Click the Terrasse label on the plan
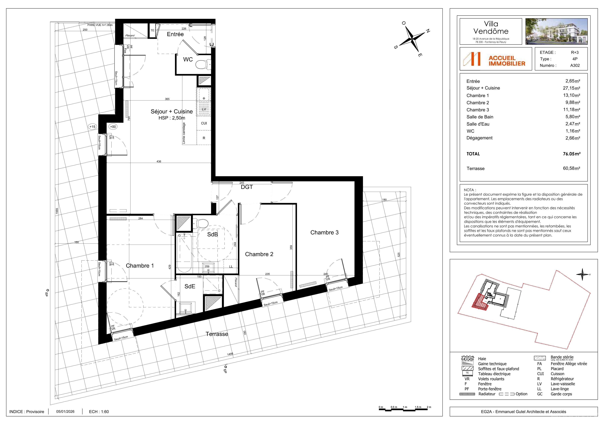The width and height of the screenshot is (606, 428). (217, 334)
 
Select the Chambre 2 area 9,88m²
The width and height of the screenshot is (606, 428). (573, 102)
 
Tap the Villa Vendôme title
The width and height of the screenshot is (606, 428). (491, 27)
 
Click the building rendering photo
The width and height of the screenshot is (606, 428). (556, 31)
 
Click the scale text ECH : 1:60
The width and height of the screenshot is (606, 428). (99, 412)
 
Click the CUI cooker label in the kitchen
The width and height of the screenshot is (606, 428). (204, 123)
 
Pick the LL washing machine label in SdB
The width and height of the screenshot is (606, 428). (231, 267)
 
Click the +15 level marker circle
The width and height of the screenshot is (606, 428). (92, 127)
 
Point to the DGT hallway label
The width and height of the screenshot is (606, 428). (247, 187)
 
